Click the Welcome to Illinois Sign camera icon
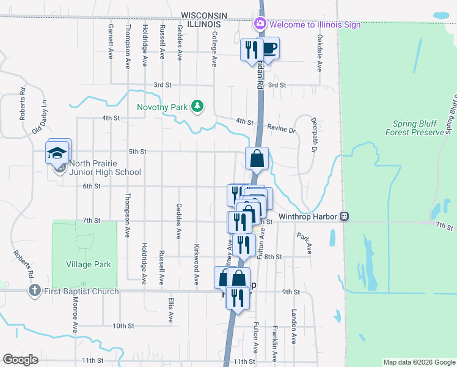coord(260,24)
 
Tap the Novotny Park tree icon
coord(197,107)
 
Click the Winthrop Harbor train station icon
coord(345,217)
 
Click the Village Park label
coord(89,264)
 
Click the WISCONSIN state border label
coord(205,15)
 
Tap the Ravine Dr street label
coord(281,130)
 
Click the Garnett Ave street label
coord(111,42)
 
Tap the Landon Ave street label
coord(294,343)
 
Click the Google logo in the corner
coord(21,360)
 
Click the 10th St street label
coord(122,326)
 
